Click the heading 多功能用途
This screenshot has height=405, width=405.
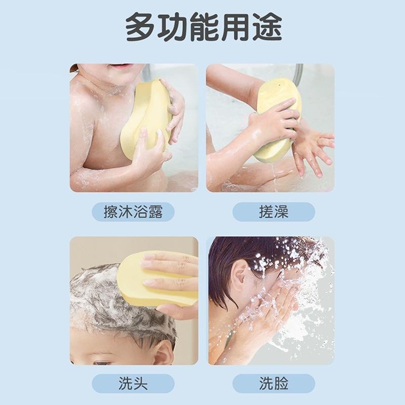(202, 28)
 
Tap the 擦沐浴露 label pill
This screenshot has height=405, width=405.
(134, 212)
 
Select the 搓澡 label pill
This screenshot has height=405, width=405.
(273, 212)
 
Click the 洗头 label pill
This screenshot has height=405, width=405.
(134, 383)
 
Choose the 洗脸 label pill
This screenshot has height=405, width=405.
(273, 383)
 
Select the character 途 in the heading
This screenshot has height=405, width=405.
(265, 28)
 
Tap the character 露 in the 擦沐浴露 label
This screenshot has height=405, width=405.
(155, 212)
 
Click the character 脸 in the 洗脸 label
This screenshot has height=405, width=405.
(281, 383)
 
